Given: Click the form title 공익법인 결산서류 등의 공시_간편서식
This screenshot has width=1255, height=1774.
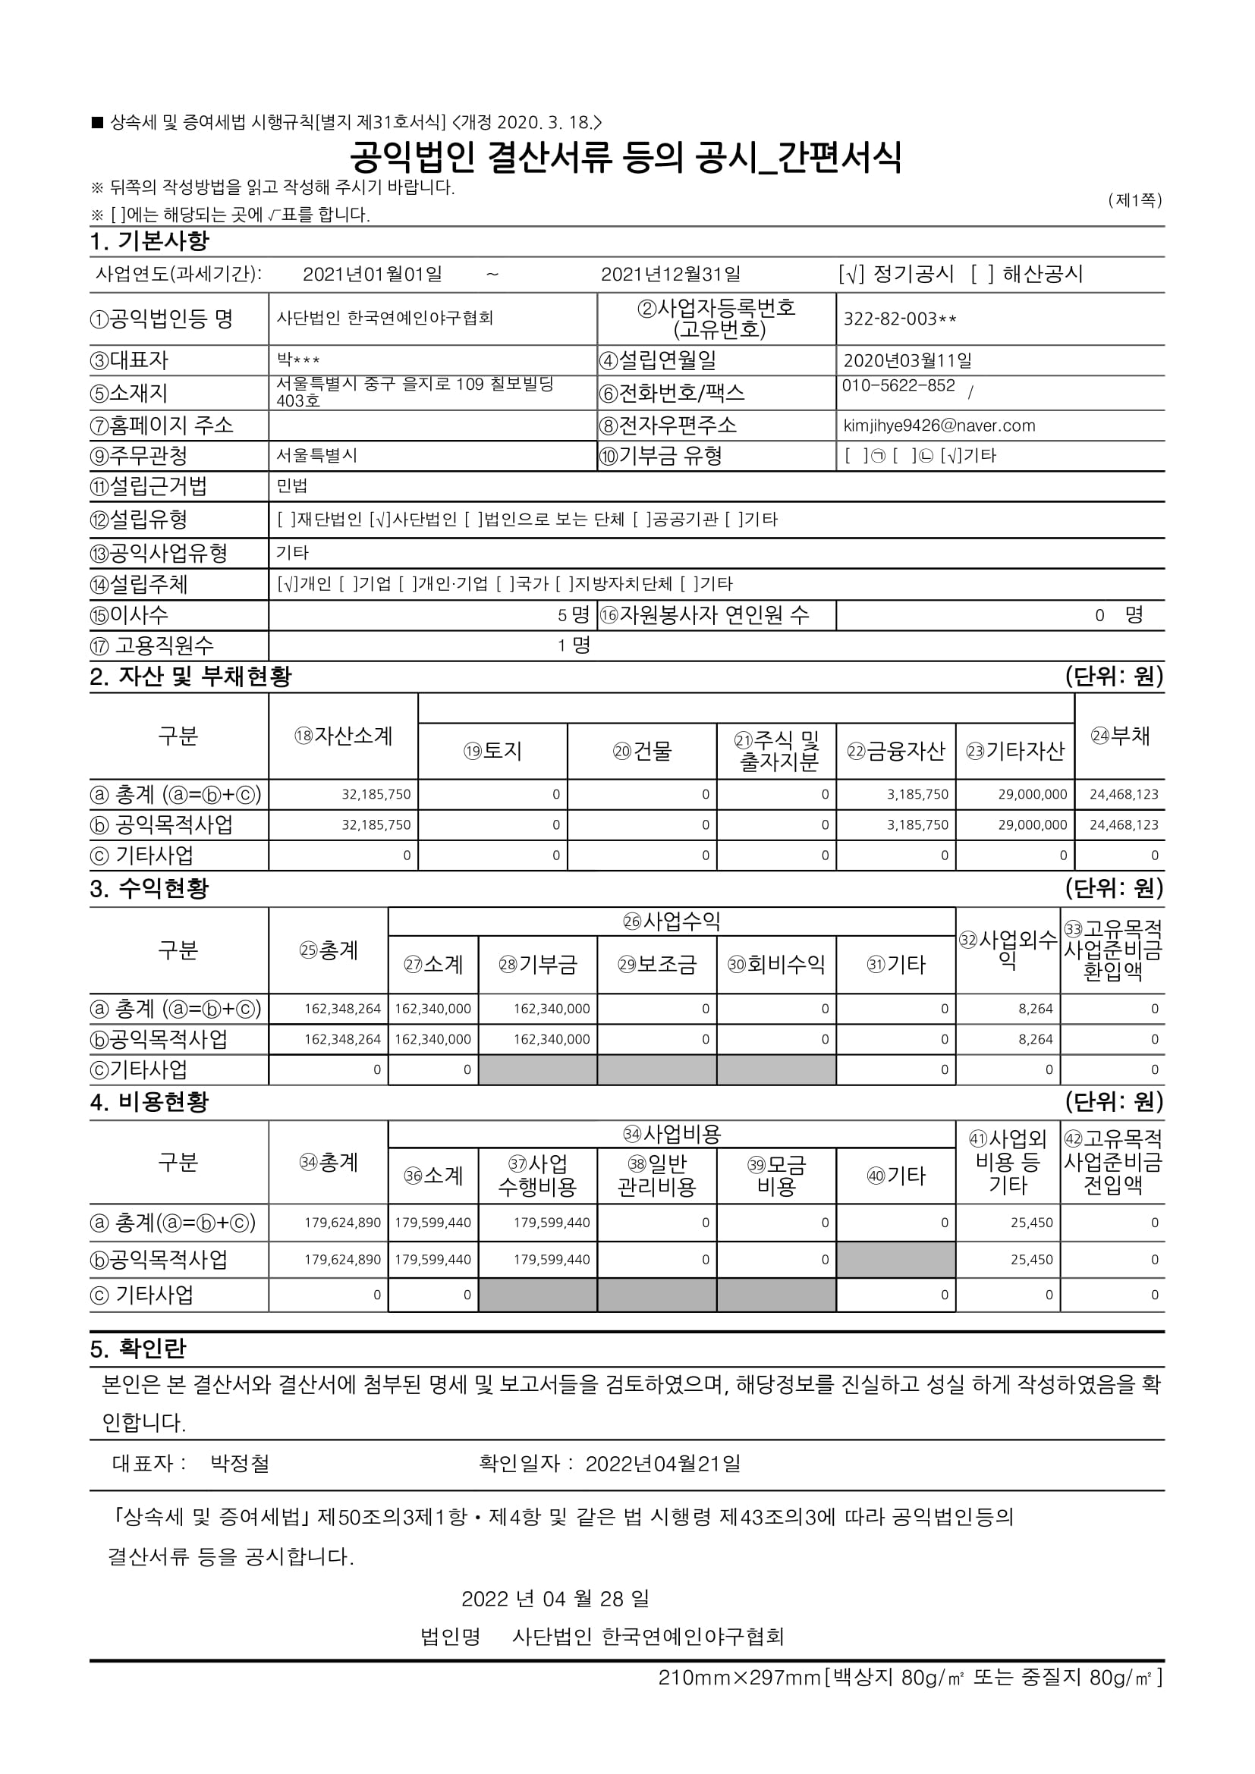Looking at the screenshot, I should pos(626,159).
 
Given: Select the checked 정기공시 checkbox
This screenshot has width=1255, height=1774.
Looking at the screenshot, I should pos(851,275).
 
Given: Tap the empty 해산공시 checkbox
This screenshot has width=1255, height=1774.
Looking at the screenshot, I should pos(983,275).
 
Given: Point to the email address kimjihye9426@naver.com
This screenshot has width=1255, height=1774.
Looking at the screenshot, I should pos(939,425).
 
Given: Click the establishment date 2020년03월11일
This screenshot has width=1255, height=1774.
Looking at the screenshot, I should pos(907,361).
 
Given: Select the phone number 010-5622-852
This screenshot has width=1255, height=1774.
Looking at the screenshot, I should pos(898,386).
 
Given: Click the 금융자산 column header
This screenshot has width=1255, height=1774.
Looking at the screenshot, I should pos(895,751).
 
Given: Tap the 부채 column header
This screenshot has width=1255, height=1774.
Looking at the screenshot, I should pos(1120,736).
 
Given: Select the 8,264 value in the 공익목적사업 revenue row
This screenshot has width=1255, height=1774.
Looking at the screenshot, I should pos(1035,1040).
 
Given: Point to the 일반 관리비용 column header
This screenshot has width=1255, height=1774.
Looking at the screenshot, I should pos(657,1176).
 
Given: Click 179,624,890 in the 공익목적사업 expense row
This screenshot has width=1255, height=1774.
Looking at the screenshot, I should pos(342,1261).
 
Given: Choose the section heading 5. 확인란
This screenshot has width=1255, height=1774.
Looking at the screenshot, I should pos(137,1349).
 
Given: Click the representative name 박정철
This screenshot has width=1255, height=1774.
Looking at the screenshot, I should pos(240,1463).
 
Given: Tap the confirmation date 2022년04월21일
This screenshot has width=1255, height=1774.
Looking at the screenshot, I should pos(662,1463).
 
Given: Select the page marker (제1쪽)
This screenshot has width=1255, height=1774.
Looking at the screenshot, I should pos(1134,201).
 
